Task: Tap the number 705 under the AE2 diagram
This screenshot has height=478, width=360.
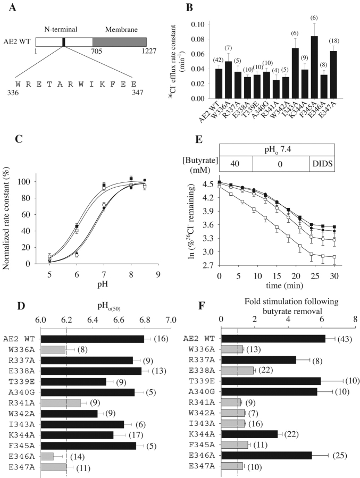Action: click(x=93, y=54)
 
